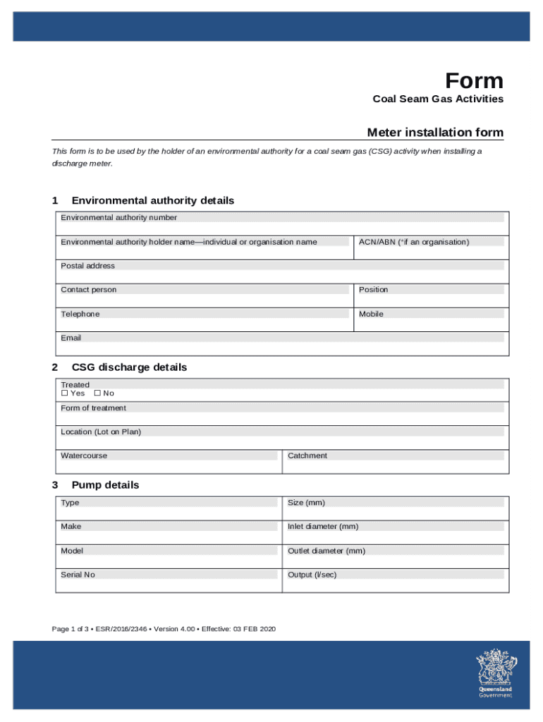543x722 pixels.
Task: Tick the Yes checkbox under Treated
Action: coord(65,393)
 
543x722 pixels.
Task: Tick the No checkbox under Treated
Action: coord(97,393)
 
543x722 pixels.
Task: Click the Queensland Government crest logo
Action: coord(495,673)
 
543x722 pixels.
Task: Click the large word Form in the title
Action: coord(474,81)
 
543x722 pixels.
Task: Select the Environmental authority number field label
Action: coord(118,218)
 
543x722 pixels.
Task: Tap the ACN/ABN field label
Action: coord(413,242)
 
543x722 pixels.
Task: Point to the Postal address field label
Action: coord(87,266)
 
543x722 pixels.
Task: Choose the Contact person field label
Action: coord(89,290)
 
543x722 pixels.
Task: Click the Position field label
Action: coord(373,290)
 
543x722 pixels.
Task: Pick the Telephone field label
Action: coord(80,314)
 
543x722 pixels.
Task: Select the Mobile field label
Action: coord(371,314)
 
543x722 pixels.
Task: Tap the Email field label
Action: coord(71,338)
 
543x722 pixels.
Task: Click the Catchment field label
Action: coord(307,455)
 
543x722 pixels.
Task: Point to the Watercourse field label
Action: coord(84,455)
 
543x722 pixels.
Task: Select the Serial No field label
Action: coord(78,575)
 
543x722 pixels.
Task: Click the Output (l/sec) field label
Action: coord(312,575)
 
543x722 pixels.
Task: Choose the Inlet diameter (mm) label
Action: coord(323,527)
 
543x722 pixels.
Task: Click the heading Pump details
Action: coord(105,485)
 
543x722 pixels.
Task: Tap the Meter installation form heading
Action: coord(435,133)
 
